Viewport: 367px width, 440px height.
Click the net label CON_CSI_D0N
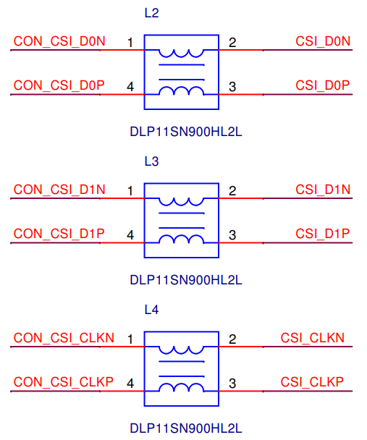59,41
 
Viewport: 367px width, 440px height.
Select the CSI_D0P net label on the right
323,85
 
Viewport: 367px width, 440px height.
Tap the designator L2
151,13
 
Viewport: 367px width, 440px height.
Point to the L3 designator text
151,161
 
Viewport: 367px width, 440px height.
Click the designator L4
151,310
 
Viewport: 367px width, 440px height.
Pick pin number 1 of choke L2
130,43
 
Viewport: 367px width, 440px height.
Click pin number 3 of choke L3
232,235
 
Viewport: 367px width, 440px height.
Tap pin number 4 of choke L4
130,384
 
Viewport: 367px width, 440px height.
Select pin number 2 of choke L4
232,339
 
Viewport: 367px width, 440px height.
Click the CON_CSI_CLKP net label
64,382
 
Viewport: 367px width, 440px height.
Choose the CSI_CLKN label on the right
312,338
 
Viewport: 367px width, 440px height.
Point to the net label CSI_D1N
323,190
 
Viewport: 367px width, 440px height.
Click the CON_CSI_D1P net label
59,234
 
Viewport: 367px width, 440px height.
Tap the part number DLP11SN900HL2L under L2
186,132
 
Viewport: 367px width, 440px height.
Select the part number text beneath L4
186,428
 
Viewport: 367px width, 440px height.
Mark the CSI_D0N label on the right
323,41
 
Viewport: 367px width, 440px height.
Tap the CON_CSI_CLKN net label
64,338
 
